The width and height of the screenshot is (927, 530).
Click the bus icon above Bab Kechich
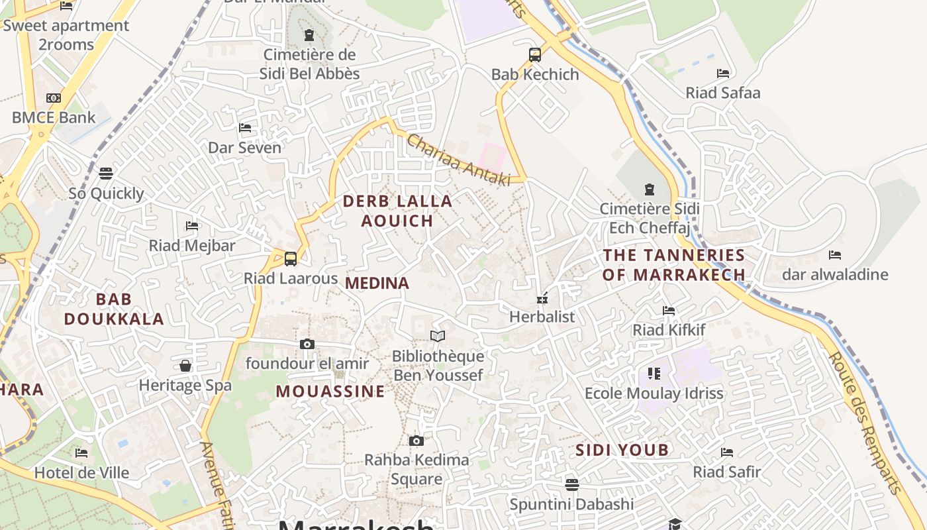(535, 55)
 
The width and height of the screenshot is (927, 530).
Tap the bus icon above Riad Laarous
(290, 259)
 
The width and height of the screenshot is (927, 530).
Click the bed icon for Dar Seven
(245, 127)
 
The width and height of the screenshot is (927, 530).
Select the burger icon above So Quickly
(106, 174)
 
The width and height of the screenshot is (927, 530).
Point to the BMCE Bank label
(54, 118)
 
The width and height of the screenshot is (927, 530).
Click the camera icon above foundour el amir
(307, 344)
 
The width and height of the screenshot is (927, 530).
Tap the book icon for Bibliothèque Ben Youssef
(438, 336)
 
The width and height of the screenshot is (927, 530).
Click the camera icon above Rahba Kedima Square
(416, 441)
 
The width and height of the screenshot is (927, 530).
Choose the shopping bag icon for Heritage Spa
(185, 366)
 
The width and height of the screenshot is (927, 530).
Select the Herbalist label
(542, 317)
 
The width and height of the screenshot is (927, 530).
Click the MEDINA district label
(377, 284)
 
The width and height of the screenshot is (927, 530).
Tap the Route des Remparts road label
(865, 423)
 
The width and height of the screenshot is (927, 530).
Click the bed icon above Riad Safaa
(723, 74)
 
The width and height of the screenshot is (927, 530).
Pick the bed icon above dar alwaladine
(835, 254)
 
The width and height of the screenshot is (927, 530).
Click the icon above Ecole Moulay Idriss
(654, 374)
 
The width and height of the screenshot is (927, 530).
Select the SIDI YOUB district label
(622, 450)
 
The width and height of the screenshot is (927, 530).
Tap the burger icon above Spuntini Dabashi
(572, 484)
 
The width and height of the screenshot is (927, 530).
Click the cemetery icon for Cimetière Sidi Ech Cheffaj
(649, 189)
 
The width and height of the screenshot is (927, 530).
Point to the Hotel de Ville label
(81, 473)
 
